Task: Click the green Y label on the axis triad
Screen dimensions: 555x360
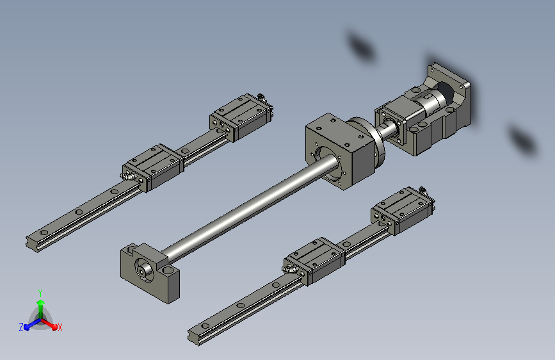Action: (x=40, y=293)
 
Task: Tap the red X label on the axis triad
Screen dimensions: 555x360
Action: (x=60, y=327)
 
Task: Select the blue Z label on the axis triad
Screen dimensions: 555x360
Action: (x=21, y=327)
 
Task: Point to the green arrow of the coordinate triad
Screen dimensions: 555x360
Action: (x=41, y=309)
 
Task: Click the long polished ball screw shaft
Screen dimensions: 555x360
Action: (x=248, y=209)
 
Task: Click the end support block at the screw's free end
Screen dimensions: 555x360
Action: (x=150, y=273)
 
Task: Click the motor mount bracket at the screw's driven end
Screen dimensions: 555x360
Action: (x=440, y=110)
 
